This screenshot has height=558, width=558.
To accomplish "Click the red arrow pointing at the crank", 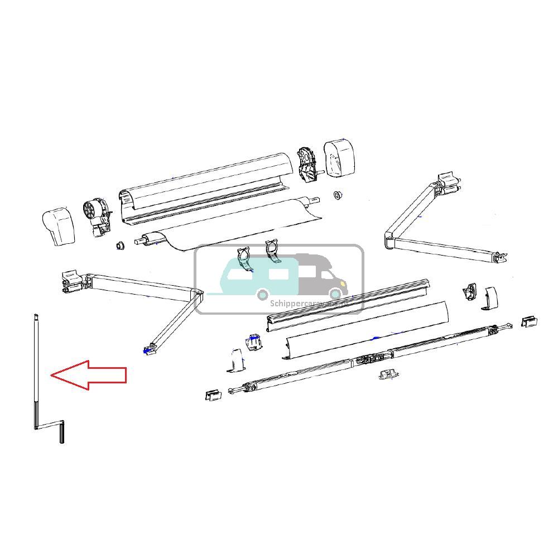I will pos(89,375).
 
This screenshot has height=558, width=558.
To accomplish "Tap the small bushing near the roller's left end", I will pos(119,246).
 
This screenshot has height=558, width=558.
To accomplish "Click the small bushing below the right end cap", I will pos(338,195).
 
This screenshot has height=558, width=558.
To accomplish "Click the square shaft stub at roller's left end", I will pos(139,242).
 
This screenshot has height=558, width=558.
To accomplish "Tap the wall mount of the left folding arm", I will pos(70,281).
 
